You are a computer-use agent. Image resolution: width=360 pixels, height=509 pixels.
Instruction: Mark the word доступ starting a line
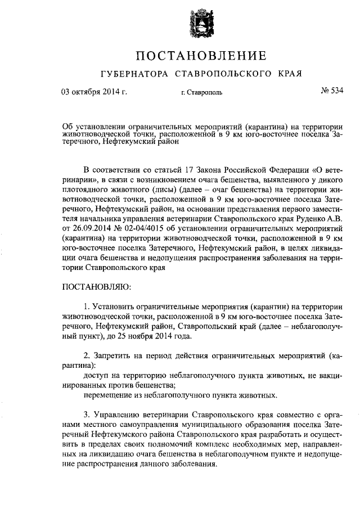96,375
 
